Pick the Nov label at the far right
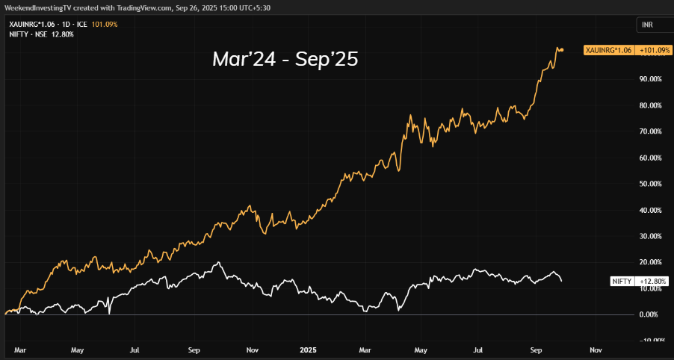coord(596,349)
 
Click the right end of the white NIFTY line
coord(562,281)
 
